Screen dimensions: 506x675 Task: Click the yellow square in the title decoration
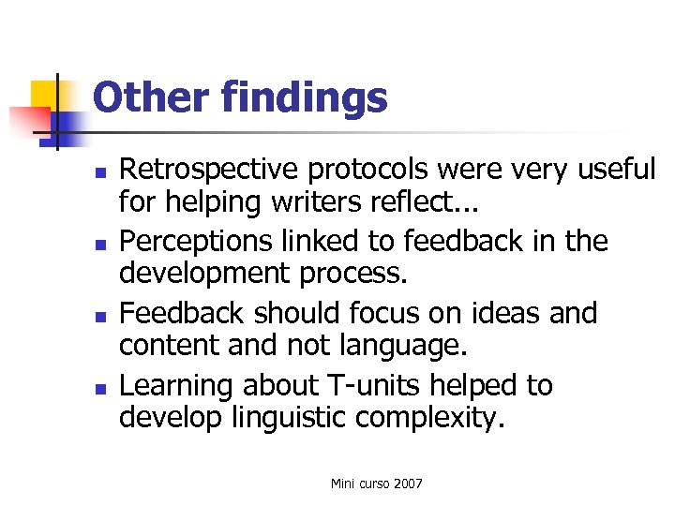click(x=47, y=97)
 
